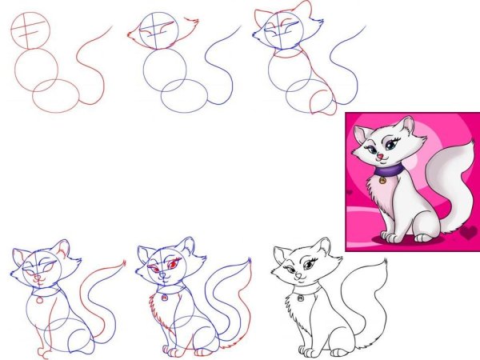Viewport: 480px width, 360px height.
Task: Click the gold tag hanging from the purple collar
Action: (x=382, y=180)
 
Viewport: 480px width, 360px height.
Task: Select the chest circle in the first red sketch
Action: (x=38, y=67)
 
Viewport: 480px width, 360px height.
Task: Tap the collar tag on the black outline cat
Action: (x=300, y=298)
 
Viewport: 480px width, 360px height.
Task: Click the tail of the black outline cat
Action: (x=372, y=300)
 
